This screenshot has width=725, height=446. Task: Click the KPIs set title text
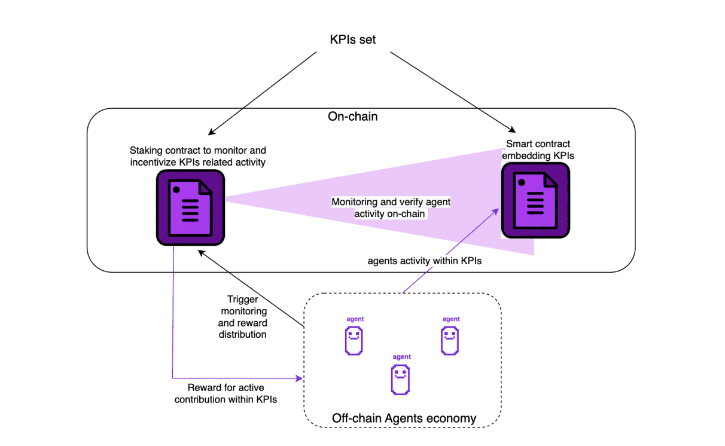pyautogui.click(x=353, y=39)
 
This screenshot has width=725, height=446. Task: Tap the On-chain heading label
pyautogui.click(x=353, y=117)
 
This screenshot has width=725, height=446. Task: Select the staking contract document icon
pyautogui.click(x=190, y=207)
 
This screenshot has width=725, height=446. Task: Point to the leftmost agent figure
pyautogui.click(x=354, y=341)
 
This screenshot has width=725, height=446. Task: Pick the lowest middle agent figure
pyautogui.click(x=400, y=380)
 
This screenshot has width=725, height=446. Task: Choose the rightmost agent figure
pyautogui.click(x=450, y=341)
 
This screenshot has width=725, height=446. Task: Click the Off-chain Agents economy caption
pyautogui.click(x=404, y=418)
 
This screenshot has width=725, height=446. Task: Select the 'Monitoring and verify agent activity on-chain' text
pyautogui.click(x=391, y=208)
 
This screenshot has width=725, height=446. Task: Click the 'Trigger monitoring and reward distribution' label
pyautogui.click(x=244, y=317)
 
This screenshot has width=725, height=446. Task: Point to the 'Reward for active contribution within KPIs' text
pyautogui.click(x=226, y=393)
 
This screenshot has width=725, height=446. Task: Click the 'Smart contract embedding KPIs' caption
pyautogui.click(x=538, y=149)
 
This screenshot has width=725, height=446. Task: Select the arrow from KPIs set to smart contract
pyautogui.click(x=452, y=91)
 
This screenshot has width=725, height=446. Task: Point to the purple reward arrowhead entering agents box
pyautogui.click(x=299, y=378)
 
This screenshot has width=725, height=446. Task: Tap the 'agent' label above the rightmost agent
pyautogui.click(x=451, y=319)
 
